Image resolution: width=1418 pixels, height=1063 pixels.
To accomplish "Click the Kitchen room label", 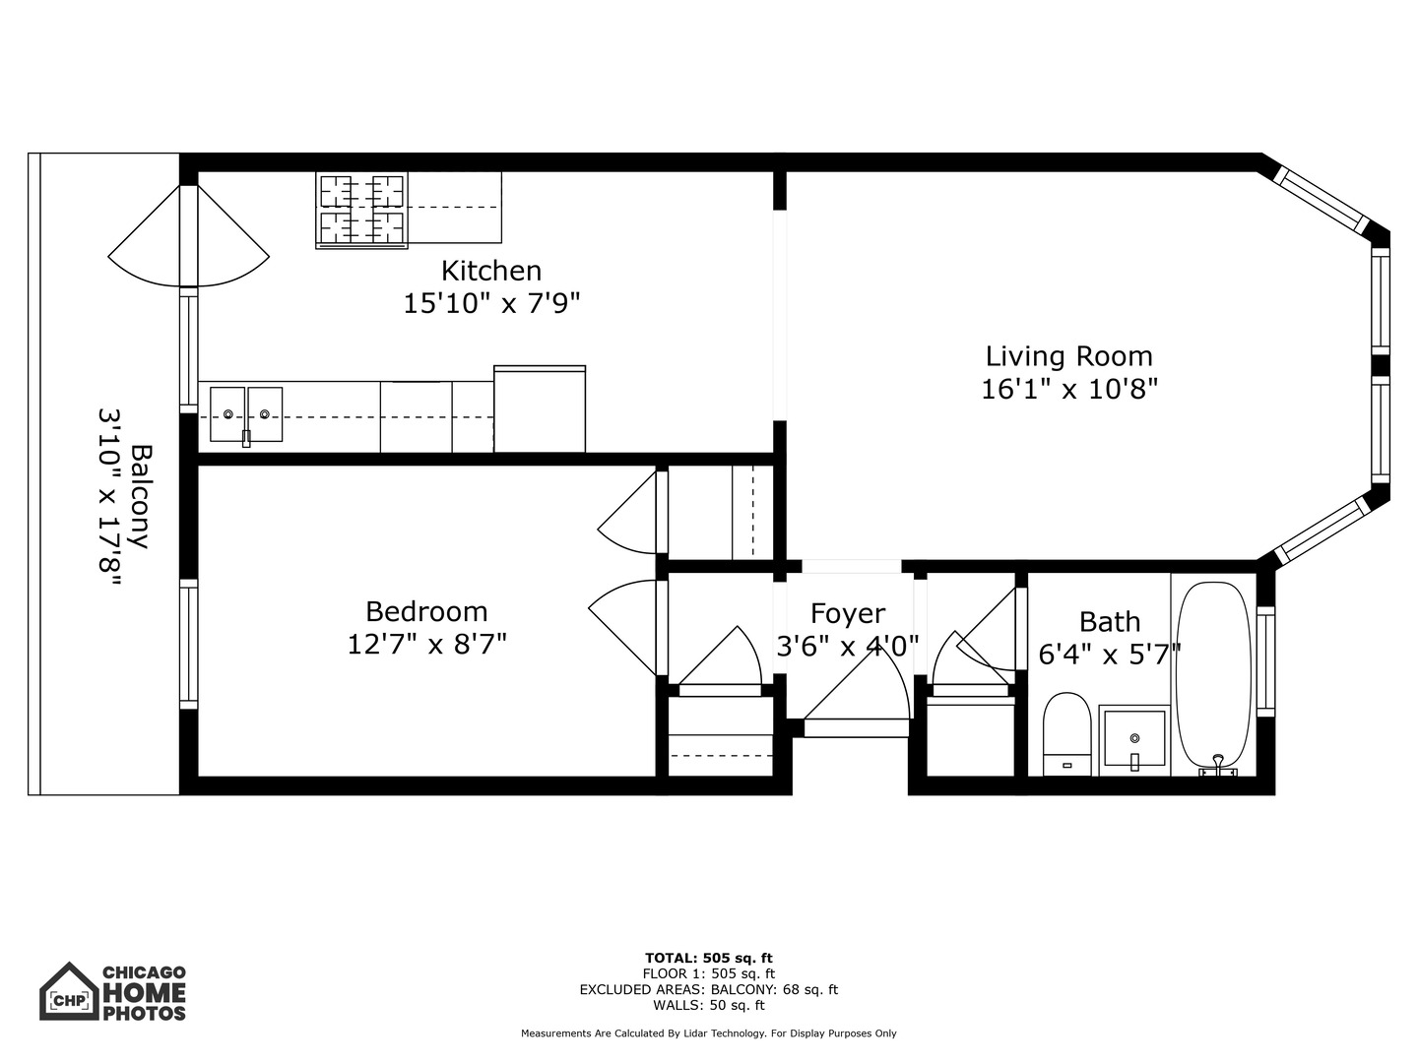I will [x=490, y=270].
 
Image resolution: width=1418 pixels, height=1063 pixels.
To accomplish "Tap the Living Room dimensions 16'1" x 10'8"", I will [x=1068, y=390].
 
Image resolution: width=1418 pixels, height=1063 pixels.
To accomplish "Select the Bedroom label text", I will [x=426, y=611].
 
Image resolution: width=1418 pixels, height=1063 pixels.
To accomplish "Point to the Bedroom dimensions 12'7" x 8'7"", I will [x=426, y=645].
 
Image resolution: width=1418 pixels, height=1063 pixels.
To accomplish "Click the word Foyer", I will [x=847, y=613].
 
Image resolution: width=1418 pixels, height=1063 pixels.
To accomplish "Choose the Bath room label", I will [x=1110, y=621].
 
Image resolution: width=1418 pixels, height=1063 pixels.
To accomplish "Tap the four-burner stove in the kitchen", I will [x=361, y=210].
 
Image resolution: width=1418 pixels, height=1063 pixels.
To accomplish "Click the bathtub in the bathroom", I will [x=1214, y=674].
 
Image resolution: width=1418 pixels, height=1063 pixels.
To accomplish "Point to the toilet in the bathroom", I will [x=1066, y=734].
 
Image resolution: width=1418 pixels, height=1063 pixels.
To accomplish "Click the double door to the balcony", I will [x=188, y=236].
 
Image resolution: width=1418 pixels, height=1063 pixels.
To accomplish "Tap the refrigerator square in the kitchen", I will [x=540, y=409].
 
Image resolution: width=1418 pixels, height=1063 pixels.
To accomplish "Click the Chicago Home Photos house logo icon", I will [x=69, y=992].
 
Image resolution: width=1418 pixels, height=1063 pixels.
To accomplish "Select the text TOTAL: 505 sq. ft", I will [x=708, y=958].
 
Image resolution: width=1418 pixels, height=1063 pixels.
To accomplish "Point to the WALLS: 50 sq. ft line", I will [x=708, y=1005].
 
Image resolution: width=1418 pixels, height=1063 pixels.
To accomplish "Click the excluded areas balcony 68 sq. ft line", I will [x=708, y=989].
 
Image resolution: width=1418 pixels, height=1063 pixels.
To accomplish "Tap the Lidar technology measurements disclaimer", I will [x=708, y=1033].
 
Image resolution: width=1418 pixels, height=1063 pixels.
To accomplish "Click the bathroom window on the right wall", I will [x=1266, y=660].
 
